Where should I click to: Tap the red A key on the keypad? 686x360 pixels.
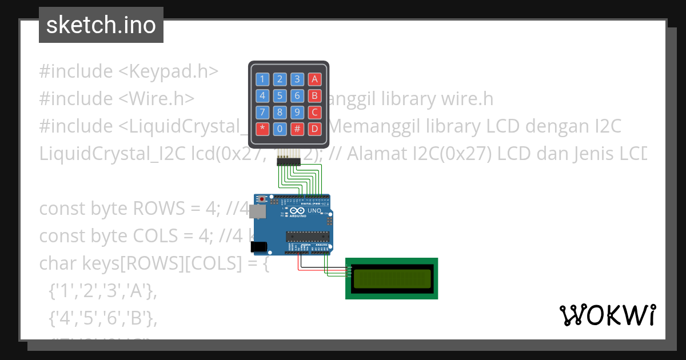click(314, 79)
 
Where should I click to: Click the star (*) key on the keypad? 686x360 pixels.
click(262, 129)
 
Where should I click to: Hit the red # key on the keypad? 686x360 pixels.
click(297, 129)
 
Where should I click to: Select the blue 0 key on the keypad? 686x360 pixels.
click(280, 129)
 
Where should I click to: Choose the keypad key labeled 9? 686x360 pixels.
click(297, 112)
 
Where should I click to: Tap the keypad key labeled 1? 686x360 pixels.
click(262, 79)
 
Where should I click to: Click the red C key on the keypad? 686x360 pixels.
click(314, 112)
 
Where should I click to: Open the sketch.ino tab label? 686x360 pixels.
click(101, 25)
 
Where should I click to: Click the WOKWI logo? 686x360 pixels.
click(607, 315)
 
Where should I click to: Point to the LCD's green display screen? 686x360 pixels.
click(392, 278)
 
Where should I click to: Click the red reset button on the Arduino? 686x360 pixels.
click(262, 199)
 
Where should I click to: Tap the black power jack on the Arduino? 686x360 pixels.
click(260, 246)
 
